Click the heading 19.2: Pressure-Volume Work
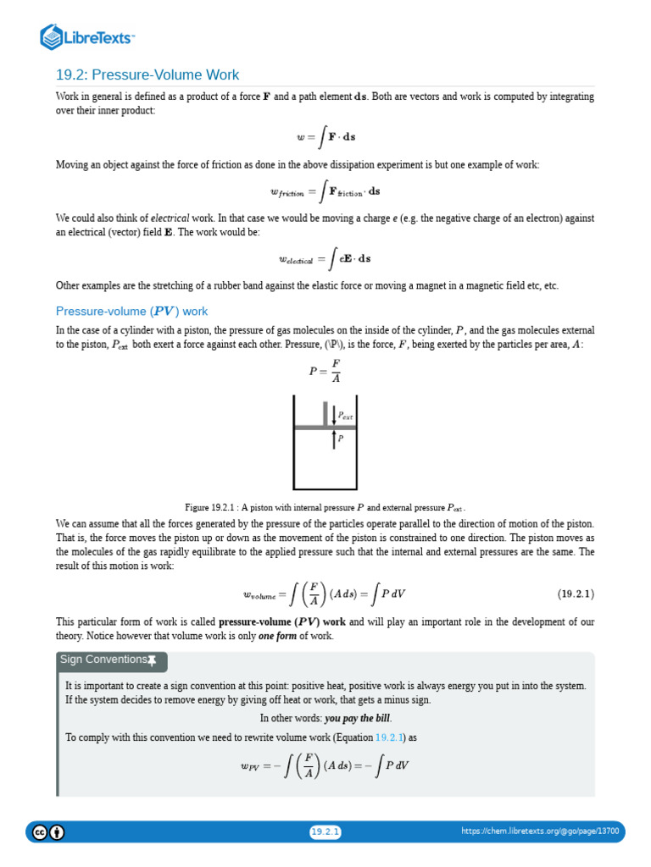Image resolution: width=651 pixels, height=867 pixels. tap(147, 75)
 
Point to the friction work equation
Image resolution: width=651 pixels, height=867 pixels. tap(325, 192)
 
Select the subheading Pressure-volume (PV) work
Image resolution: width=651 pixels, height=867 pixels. tap(131, 311)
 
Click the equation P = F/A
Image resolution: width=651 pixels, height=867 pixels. tap(325, 371)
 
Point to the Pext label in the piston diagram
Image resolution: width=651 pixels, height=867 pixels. tap(345, 416)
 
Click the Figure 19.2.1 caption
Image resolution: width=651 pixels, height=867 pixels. tap(325, 507)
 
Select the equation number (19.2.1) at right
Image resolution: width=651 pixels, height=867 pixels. tap(576, 594)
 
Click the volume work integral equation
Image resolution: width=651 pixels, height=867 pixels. tap(325, 594)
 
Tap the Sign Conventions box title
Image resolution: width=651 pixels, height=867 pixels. tap(103, 660)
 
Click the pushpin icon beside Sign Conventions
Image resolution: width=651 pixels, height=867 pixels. tap(152, 660)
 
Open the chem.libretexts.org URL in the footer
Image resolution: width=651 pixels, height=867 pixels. tap(540, 832)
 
